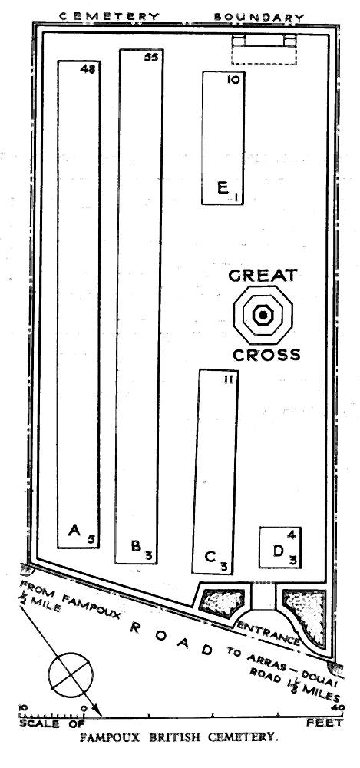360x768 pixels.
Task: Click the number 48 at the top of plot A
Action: click(x=88, y=69)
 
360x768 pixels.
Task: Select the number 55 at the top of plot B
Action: click(x=151, y=58)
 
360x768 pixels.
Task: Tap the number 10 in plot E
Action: click(x=233, y=79)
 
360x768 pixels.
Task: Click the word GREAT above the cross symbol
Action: click(x=263, y=275)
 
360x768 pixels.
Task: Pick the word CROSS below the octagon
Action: click(x=266, y=355)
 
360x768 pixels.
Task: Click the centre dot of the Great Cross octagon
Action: click(x=263, y=315)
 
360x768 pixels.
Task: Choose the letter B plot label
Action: click(x=137, y=545)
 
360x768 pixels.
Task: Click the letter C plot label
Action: click(x=210, y=557)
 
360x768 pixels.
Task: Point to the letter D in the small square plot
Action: click(x=279, y=551)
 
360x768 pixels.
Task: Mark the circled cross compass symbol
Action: click(x=71, y=674)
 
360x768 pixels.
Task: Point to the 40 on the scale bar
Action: click(x=336, y=707)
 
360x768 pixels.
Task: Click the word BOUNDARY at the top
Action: click(x=259, y=17)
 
